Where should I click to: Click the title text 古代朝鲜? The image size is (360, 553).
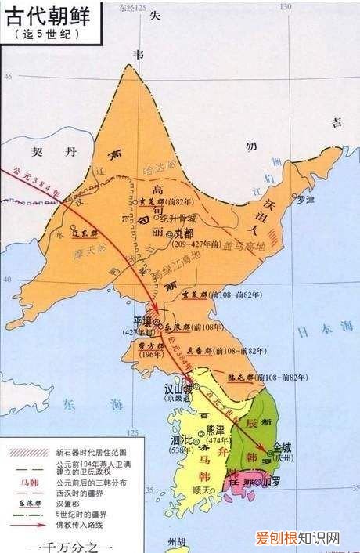click(x=49, y=16)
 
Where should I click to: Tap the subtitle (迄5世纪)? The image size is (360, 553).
click(x=48, y=35)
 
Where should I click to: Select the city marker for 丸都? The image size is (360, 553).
click(x=167, y=234)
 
